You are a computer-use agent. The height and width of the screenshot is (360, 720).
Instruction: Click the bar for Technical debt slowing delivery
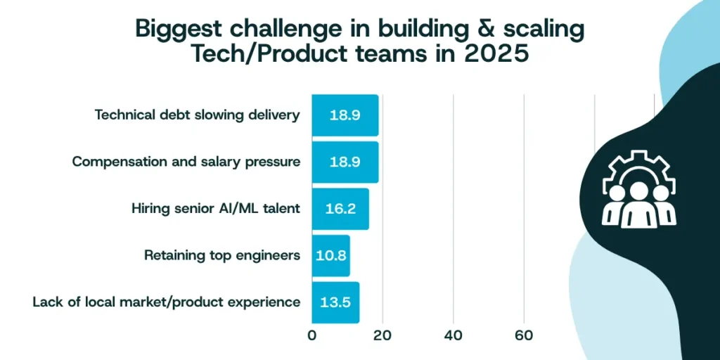pyautogui.click(x=345, y=115)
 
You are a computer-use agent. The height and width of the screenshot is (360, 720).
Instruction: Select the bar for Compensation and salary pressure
pyautogui.click(x=345, y=162)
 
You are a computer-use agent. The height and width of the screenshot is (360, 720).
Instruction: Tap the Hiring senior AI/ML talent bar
pyautogui.click(x=340, y=209)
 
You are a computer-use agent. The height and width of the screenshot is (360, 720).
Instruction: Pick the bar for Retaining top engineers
pyautogui.click(x=330, y=256)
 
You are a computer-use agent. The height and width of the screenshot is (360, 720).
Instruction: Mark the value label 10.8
pyautogui.click(x=331, y=256)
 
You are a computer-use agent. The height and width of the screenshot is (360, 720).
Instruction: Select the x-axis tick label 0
pyautogui.click(x=311, y=335)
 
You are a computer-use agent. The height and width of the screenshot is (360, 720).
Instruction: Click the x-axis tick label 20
pyautogui.click(x=382, y=335)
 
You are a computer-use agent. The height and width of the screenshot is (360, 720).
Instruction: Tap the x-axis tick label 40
pyautogui.click(x=453, y=335)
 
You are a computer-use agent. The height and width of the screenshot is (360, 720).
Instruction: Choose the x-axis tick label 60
pyautogui.click(x=524, y=335)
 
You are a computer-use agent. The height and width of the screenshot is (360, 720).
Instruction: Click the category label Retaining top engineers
pyautogui.click(x=222, y=255)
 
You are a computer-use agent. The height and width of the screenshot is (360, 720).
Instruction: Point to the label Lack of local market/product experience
pyautogui.click(x=167, y=302)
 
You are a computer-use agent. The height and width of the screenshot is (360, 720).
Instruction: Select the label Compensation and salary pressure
pyautogui.click(x=186, y=162)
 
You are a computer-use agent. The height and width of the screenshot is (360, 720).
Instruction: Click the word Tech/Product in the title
pyautogui.click(x=268, y=53)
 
